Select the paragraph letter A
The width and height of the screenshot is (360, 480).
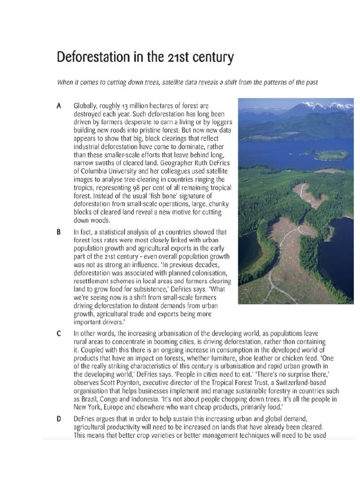(59, 106)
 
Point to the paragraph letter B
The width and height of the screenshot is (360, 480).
(59, 232)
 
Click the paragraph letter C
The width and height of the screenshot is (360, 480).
(59, 333)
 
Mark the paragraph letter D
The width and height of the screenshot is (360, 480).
(59, 418)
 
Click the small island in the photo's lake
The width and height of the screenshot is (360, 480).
(331, 155)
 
